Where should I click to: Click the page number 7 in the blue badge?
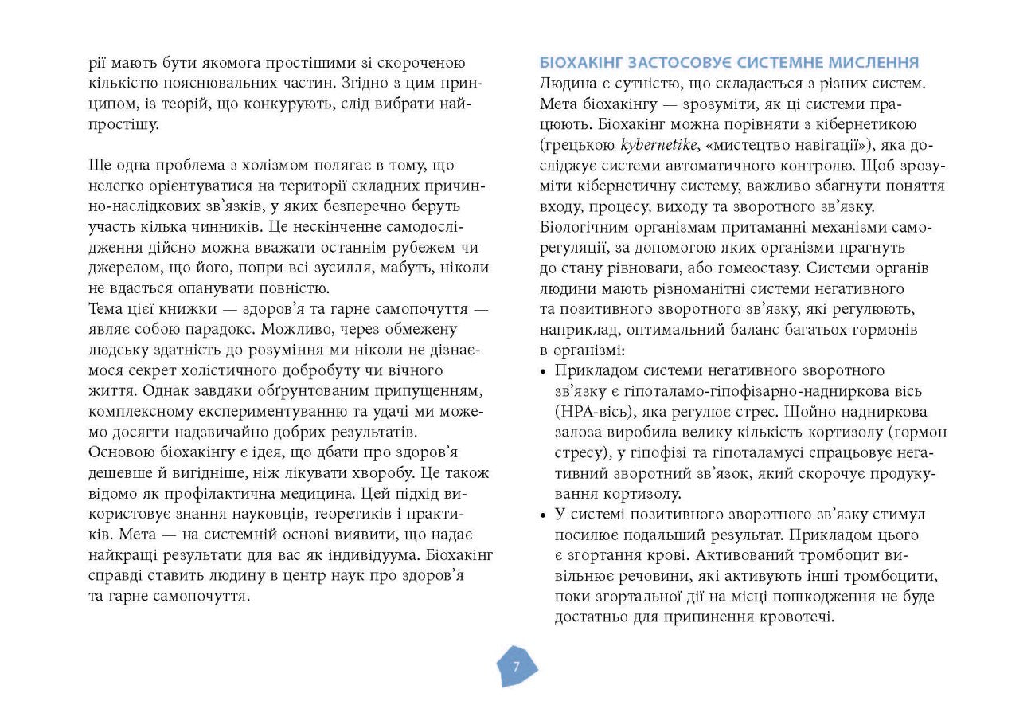[x=516, y=667]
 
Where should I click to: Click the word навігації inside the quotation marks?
[x=835, y=145]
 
